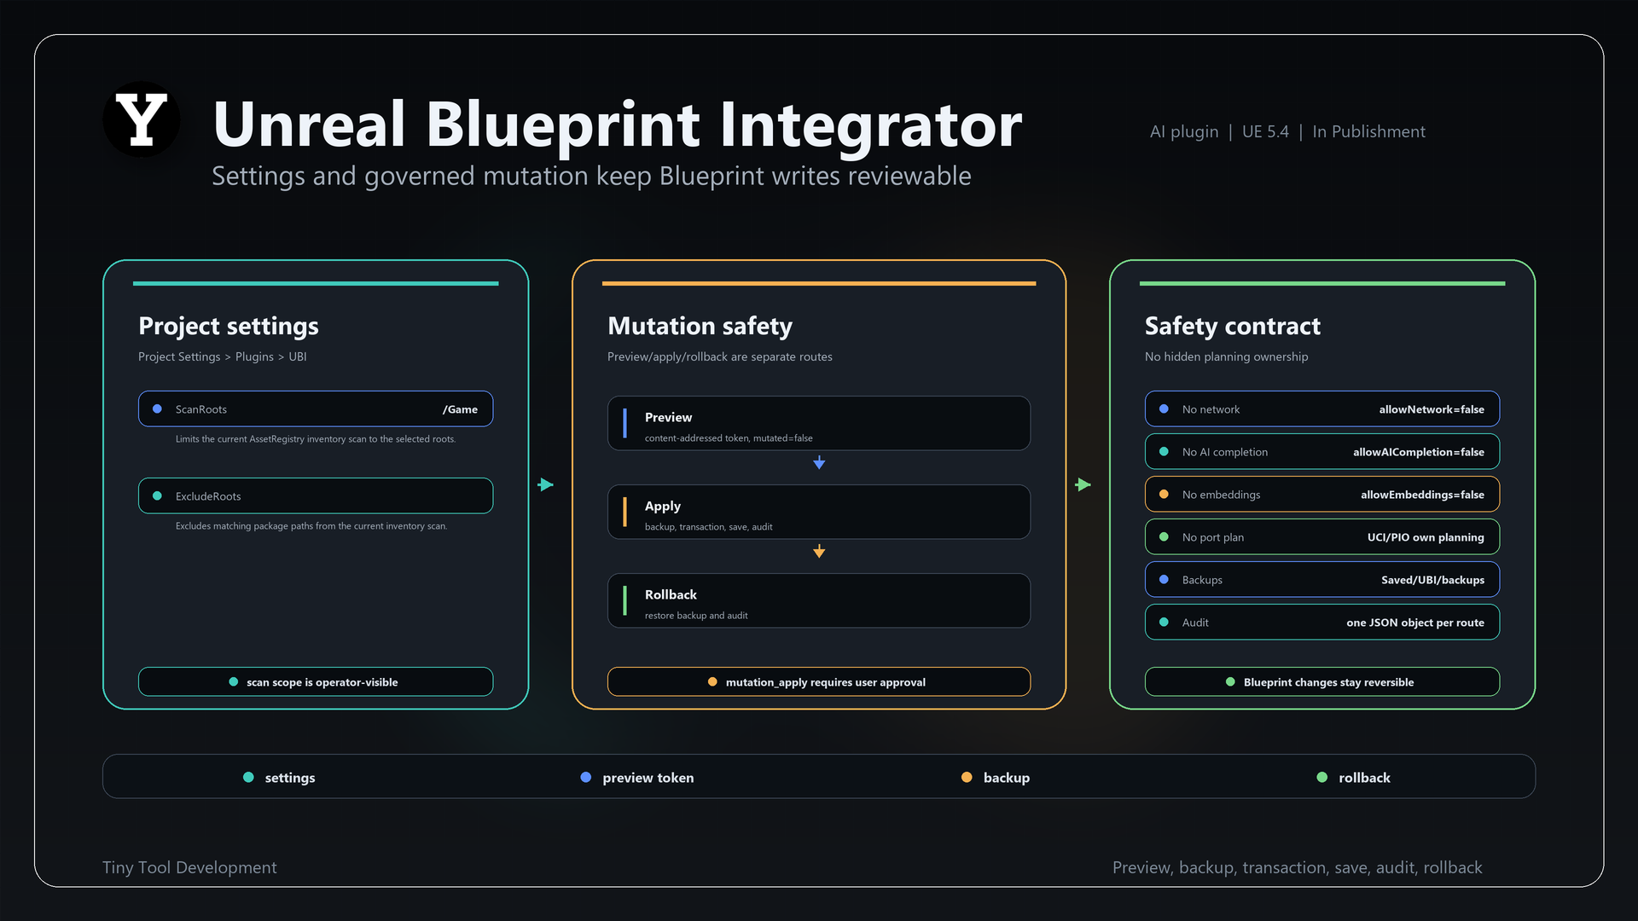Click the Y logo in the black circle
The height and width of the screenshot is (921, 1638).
[x=142, y=120]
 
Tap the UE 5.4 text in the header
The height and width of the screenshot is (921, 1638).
[x=1265, y=131]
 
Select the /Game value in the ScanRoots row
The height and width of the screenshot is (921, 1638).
[x=460, y=409]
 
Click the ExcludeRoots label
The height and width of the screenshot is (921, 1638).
[x=208, y=496]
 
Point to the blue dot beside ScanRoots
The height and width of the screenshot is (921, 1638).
[x=157, y=409]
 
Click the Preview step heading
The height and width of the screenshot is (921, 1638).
[x=668, y=417]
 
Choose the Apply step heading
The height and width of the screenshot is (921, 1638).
[x=663, y=506]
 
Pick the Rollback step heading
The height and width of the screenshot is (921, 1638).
[x=671, y=594]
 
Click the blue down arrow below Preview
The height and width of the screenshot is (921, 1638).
[x=819, y=462]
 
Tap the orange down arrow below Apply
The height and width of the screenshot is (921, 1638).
[x=819, y=551]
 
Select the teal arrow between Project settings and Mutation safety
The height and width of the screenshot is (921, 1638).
[x=546, y=484]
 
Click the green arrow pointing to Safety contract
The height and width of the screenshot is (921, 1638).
[x=1083, y=484]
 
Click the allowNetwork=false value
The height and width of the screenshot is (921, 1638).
[x=1432, y=409]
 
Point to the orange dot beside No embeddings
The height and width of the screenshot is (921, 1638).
[x=1164, y=495]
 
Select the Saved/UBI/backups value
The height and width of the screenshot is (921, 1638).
[x=1432, y=580]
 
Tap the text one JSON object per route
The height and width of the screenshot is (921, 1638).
[x=1415, y=623]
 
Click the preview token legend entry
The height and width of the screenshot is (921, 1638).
[x=637, y=778]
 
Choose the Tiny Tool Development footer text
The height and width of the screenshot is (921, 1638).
[x=189, y=867]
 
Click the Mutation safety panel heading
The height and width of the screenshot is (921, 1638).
[x=700, y=326]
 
